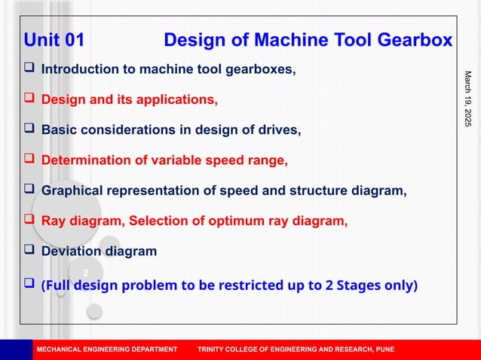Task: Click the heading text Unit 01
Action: tap(54, 40)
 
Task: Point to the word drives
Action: tap(280, 130)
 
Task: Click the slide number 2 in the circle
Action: tap(86, 272)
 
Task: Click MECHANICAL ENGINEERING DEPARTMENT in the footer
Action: tap(107, 349)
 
